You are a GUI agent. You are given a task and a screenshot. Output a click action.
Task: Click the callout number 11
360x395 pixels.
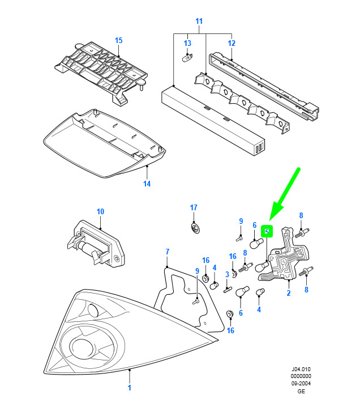pos(199,21)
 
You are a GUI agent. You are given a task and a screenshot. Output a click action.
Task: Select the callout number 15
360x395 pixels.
pos(118,40)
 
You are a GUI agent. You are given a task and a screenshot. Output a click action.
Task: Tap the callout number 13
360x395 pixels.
pos(187,43)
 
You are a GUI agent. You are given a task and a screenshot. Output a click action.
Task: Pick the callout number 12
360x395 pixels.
pos(232,43)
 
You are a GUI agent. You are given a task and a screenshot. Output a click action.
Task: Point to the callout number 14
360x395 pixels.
pos(147,184)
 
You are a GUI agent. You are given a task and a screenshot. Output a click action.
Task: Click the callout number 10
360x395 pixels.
pos(100,211)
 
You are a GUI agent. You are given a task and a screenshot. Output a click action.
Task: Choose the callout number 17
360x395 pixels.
pos(194,207)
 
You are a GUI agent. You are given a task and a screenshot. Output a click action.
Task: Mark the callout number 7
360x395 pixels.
pos(168,252)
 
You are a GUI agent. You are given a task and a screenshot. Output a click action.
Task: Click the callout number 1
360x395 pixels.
pos(129,388)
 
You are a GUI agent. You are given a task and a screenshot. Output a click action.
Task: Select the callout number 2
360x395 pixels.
pos(289,293)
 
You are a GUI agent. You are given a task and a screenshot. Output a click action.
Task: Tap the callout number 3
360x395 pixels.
pos(227,274)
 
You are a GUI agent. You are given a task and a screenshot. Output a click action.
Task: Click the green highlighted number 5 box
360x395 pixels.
pos(267,231)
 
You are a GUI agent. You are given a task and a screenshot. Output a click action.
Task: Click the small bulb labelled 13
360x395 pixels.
pos(187,58)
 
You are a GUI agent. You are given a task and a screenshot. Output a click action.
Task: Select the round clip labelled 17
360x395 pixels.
pos(195,227)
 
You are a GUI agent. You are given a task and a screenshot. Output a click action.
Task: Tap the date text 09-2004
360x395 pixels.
pos(301,384)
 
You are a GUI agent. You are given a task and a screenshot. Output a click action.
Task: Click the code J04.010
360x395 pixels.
pos(301,369)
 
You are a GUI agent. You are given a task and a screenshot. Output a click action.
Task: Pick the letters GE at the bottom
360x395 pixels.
pos(301,391)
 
